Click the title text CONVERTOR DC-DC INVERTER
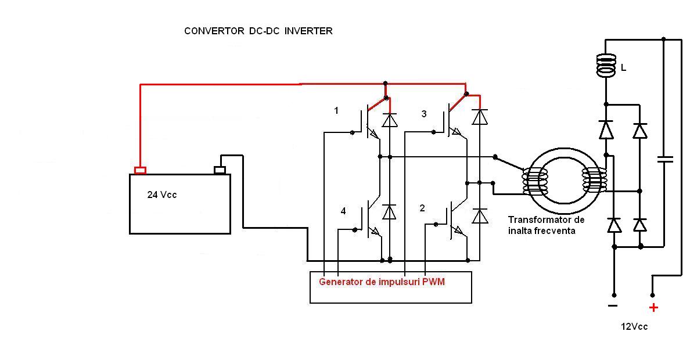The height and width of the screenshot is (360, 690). click(258, 31)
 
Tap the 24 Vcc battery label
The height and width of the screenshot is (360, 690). click(161, 195)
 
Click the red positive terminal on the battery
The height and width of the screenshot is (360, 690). click(140, 170)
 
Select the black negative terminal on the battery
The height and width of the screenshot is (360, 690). click(220, 170)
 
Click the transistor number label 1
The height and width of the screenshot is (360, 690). click(336, 110)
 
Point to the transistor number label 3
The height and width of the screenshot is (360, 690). click(423, 114)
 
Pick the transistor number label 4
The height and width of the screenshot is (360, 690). click(343, 211)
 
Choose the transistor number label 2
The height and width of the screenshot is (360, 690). click(422, 208)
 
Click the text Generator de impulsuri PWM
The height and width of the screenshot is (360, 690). click(382, 282)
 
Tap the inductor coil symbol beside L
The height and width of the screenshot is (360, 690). click(606, 66)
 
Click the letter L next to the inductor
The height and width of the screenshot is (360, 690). click(623, 68)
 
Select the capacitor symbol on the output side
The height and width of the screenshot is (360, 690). click(664, 159)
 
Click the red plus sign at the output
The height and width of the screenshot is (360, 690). click(653, 308)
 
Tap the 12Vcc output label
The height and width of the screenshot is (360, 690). click(634, 327)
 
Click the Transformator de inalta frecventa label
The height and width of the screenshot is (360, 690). click(545, 225)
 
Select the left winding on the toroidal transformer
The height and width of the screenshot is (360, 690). click(534, 182)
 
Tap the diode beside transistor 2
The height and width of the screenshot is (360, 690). click(479, 216)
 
